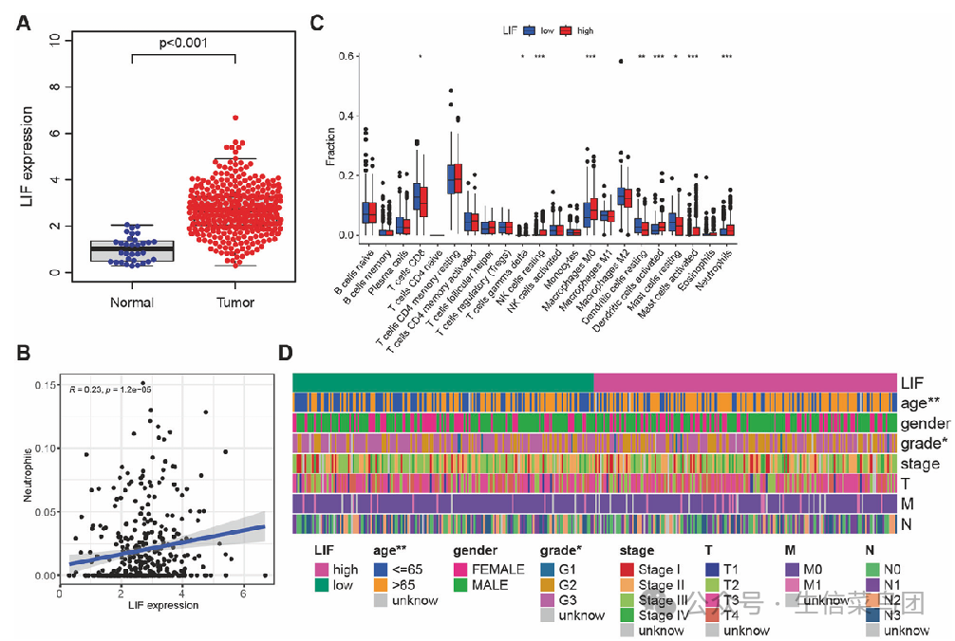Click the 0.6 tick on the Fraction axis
pos(347,57)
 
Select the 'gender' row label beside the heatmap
pos(920,422)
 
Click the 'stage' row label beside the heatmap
pos(920,464)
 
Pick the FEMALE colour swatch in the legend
pos(461,570)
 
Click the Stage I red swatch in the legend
pos(627,570)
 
